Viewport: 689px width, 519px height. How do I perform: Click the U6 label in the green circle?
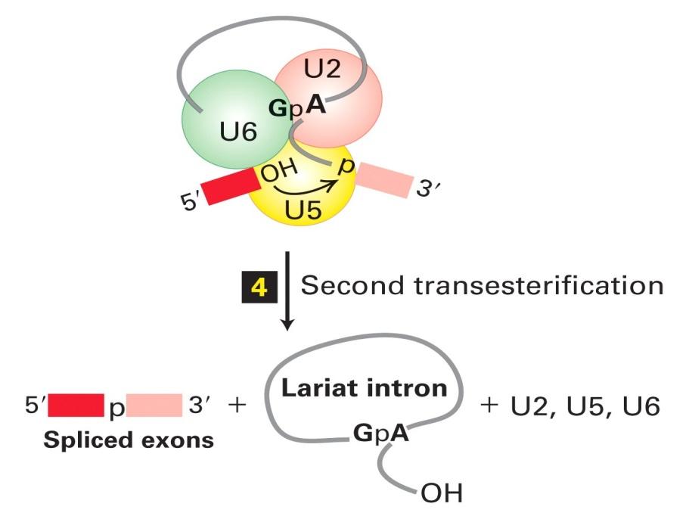tap(238, 134)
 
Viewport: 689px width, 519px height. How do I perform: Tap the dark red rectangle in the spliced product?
tap(76, 406)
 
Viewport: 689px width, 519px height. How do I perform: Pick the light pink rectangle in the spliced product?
tap(154, 406)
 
